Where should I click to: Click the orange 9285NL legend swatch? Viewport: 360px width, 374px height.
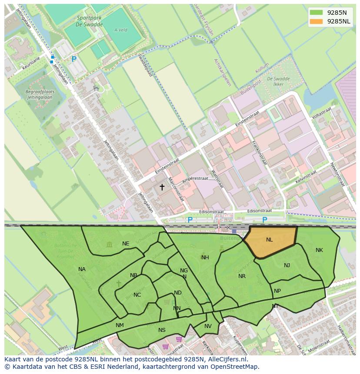point(316,21)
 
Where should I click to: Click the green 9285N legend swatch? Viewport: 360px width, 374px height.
point(316,12)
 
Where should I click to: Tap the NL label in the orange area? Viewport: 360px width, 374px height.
point(270,240)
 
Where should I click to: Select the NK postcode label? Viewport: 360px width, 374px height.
point(319,250)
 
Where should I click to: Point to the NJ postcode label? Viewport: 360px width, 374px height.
point(287,265)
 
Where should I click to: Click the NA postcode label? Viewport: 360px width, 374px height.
point(82,269)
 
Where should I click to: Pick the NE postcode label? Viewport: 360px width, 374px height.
point(126,244)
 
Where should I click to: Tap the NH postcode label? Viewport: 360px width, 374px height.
point(205,258)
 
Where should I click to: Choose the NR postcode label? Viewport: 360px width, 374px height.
point(242,276)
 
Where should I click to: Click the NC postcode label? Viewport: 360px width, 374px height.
point(137,295)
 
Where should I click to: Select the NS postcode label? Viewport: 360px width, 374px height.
point(162,330)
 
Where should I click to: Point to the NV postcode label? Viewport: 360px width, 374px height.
point(208,326)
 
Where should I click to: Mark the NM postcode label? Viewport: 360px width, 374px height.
point(120,325)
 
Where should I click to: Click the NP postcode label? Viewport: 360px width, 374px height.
point(277,291)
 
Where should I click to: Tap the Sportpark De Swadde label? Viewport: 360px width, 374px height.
point(90,21)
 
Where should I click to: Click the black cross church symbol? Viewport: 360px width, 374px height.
point(162,187)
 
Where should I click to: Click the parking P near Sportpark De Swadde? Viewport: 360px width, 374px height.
point(74,59)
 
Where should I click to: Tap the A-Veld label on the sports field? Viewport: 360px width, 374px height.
point(120,30)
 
